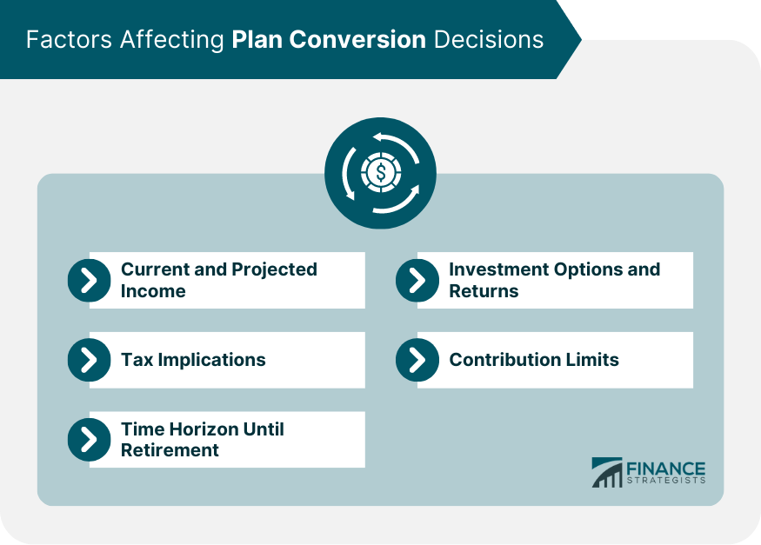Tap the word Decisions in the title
click(x=491, y=40)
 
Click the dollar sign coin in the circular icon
click(x=380, y=172)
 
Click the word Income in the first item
click(x=153, y=291)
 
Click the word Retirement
click(x=170, y=450)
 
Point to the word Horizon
click(x=203, y=429)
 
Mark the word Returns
click(x=484, y=291)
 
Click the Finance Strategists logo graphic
click(x=607, y=472)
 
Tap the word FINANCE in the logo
click(x=666, y=468)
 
